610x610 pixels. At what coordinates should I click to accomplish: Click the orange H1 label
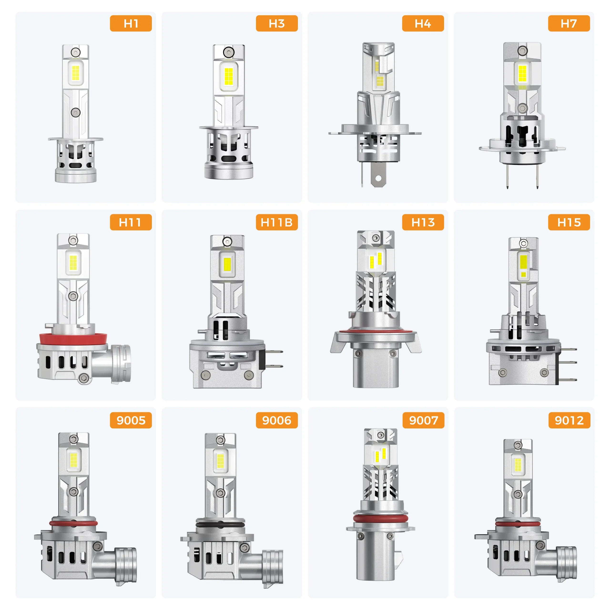(x=131, y=23)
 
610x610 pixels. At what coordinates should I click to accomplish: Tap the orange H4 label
(x=423, y=23)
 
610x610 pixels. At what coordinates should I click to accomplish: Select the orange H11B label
(x=277, y=222)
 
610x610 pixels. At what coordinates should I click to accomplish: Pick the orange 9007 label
(x=423, y=420)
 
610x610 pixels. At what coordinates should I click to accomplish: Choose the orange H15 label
(x=569, y=222)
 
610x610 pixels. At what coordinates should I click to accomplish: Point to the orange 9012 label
(x=569, y=420)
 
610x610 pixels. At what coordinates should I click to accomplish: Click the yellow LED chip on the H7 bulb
(x=523, y=73)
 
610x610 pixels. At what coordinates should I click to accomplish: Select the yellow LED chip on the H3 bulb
(x=229, y=77)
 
